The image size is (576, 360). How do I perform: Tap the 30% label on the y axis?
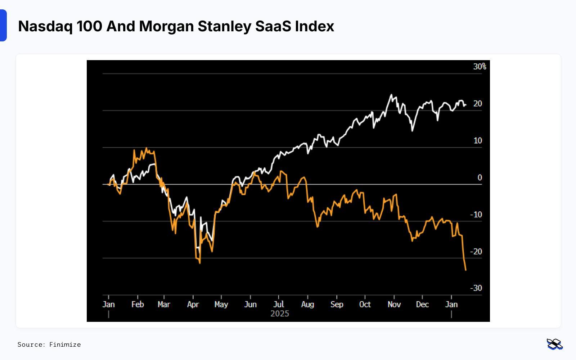pos(480,67)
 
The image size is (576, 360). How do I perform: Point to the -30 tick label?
pos(476,288)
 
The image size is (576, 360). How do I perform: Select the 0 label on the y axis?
pos(480,177)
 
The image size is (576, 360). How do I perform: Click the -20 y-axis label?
pos(476,252)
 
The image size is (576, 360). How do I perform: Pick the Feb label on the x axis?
pos(138,305)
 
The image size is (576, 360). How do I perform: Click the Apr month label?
pos(193,305)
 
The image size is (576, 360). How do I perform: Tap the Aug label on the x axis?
pos(307,305)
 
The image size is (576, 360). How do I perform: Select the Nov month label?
pos(394,305)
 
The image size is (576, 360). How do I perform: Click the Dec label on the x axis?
pos(422,305)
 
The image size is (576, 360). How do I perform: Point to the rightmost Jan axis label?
pos(451,305)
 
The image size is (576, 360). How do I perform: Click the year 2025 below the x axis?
pos(280,314)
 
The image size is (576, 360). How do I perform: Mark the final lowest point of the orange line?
pos(466,270)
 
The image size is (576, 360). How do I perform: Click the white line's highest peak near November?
pos(391,95)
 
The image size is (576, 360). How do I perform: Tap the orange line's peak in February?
pos(146,148)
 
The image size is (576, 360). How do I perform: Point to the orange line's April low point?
pos(200,263)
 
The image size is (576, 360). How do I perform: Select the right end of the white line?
pos(466,105)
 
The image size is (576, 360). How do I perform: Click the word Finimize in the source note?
pos(65,345)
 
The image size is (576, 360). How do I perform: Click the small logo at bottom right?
pos(554,344)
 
